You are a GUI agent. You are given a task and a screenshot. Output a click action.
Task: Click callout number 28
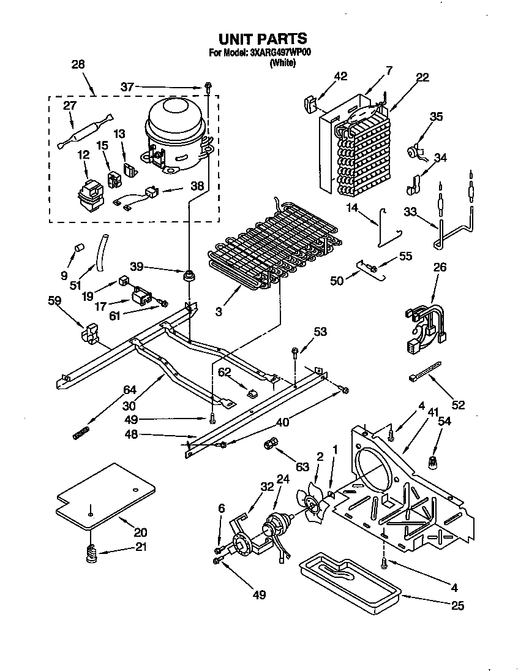click(78, 64)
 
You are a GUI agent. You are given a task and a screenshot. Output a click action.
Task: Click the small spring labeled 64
click(79, 434)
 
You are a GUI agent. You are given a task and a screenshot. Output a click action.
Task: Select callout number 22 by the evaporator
click(422, 77)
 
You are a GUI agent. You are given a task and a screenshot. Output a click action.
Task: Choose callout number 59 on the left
click(54, 300)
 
